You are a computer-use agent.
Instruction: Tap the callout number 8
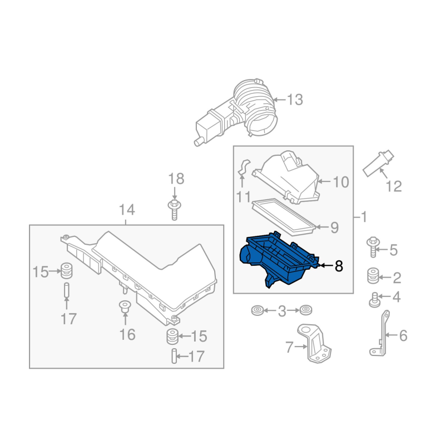339,266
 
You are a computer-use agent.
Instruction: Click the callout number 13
295,100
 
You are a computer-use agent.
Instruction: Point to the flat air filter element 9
284,217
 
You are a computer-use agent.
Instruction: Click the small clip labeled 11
243,167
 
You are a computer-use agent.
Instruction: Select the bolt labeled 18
175,210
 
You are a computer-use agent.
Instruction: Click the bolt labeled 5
373,247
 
